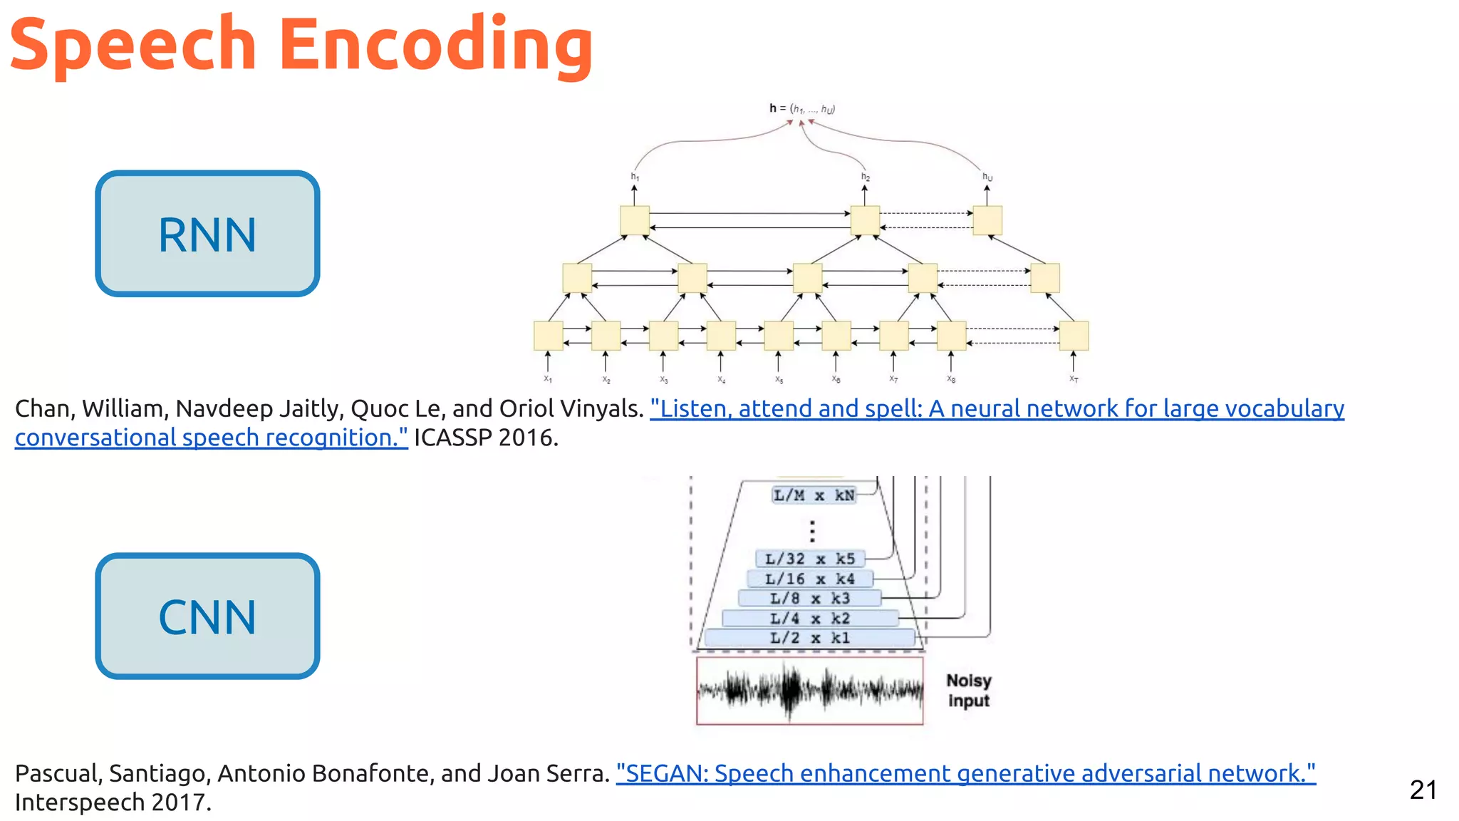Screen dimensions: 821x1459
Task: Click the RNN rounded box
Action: click(207, 234)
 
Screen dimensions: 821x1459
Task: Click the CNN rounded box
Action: click(207, 616)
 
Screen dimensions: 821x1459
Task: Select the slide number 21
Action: click(1423, 790)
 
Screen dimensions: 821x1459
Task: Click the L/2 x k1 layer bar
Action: click(809, 638)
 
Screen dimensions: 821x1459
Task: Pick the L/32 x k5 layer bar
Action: click(809, 559)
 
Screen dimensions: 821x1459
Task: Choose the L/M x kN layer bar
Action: click(814, 495)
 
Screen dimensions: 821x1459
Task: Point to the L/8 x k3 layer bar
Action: click(809, 599)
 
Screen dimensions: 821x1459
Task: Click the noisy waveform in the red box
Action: click(809, 690)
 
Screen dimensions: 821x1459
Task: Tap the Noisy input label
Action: click(968, 691)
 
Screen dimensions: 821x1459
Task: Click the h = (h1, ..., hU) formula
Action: click(801, 109)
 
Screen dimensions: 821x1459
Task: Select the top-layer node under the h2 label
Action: click(865, 220)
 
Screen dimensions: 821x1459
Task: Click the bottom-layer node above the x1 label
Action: click(548, 336)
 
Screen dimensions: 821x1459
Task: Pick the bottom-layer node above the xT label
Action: click(1073, 336)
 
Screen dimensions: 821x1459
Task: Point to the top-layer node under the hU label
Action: click(987, 220)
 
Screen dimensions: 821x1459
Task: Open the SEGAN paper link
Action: click(965, 773)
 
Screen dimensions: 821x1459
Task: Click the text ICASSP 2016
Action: click(486, 438)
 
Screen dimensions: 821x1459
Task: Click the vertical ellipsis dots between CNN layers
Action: click(812, 531)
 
